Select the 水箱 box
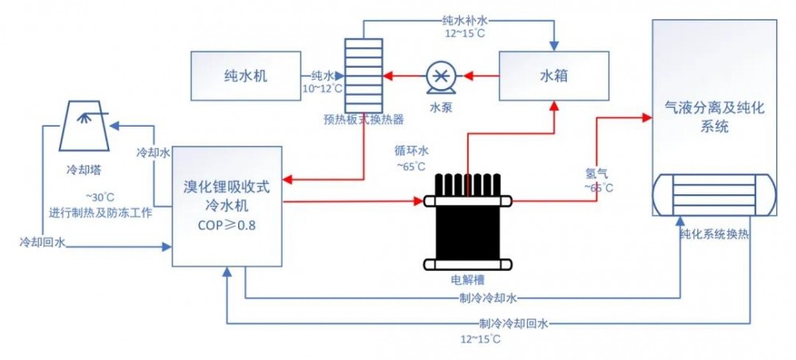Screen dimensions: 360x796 [552, 76]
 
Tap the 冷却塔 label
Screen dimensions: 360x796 [84, 170]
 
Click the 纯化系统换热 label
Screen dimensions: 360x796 [714, 236]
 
